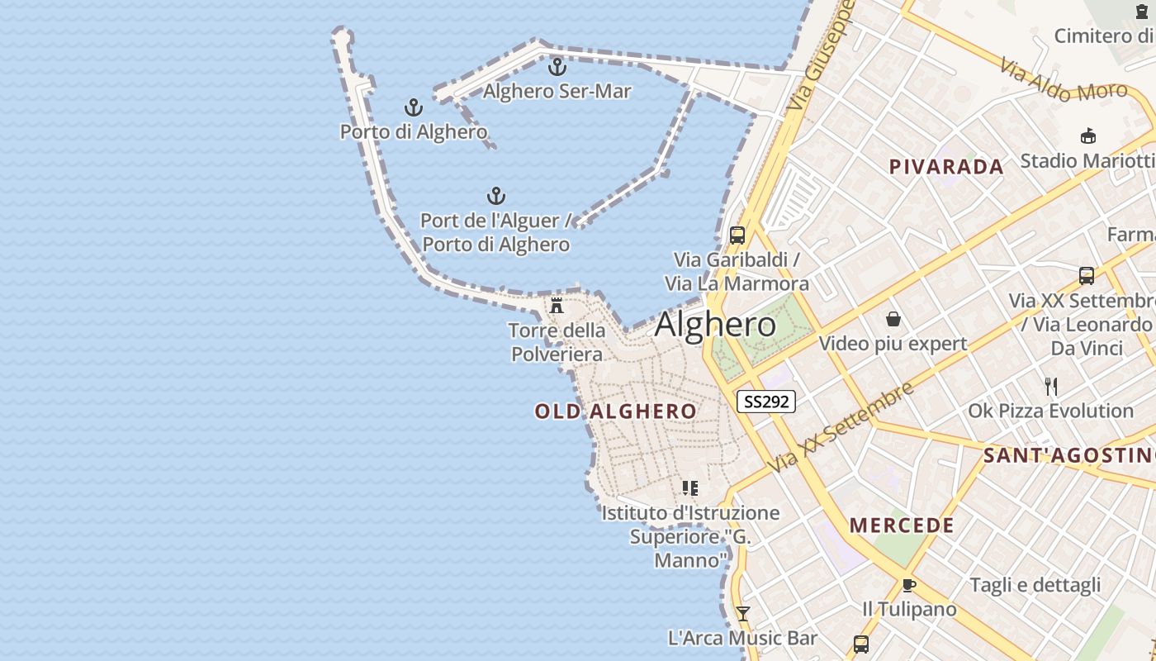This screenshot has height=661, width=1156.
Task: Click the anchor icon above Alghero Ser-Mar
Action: coord(558,67)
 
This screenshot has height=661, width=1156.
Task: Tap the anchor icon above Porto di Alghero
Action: coord(414,107)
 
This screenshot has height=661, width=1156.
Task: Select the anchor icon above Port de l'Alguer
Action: coord(496,196)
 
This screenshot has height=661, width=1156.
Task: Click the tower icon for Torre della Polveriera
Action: coord(557,305)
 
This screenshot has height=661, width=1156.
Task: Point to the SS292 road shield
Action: coord(766,402)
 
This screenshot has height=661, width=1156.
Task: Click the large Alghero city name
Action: coord(715,325)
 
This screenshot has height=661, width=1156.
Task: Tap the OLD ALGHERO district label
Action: coord(615,411)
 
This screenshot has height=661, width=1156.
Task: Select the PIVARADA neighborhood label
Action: coord(946,166)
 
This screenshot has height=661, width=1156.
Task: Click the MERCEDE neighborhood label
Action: coord(902,525)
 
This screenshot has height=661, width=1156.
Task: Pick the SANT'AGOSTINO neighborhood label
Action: coord(1068,454)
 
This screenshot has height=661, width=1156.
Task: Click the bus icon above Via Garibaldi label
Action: coord(737,235)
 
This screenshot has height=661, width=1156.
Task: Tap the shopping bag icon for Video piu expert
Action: coord(893,319)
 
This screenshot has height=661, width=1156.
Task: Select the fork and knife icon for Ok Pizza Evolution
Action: coord(1051,386)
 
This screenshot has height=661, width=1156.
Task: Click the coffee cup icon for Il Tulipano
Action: coord(909,585)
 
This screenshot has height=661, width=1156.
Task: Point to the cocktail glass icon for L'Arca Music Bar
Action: coord(742,613)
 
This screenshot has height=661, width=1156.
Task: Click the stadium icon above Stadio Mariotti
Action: coord(1087,136)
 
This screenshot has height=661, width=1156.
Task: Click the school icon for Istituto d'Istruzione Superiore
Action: coord(690,488)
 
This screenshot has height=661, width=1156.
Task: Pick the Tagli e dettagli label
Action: coord(1035,585)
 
